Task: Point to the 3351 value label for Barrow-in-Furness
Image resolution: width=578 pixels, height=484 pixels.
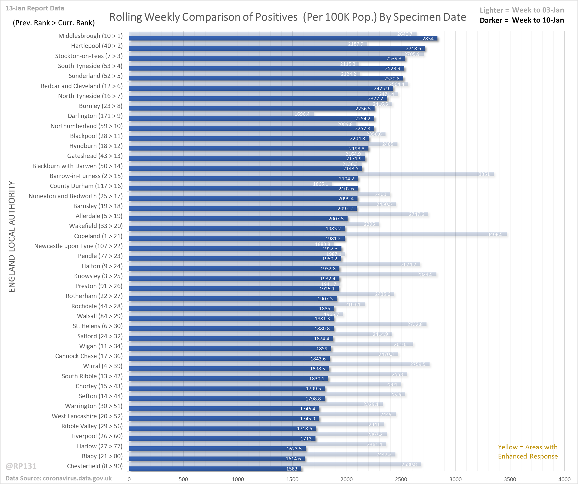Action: (484, 174)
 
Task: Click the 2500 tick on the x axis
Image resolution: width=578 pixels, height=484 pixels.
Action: (401, 479)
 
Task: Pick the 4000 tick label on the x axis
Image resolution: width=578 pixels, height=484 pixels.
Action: (564, 479)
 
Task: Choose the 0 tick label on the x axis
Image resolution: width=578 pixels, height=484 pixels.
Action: (129, 479)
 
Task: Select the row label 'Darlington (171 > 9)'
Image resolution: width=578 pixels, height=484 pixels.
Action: (95, 116)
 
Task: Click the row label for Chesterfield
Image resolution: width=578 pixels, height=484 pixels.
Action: (95, 466)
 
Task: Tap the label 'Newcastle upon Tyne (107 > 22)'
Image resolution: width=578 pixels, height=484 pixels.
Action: (78, 246)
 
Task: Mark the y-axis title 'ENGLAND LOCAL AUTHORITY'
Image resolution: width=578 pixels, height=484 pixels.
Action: (11, 236)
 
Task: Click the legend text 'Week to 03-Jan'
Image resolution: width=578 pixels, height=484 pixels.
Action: (538, 10)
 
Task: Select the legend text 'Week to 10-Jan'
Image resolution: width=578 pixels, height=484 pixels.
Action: (538, 20)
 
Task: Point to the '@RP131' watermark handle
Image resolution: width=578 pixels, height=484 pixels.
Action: (21, 466)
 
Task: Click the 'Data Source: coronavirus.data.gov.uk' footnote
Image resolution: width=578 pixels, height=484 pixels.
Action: (59, 478)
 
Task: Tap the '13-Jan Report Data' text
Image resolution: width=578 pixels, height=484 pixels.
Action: (35, 8)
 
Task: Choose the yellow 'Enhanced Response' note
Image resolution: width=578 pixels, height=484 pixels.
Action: (528, 452)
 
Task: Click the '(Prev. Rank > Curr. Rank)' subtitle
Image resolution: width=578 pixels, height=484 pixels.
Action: (54, 23)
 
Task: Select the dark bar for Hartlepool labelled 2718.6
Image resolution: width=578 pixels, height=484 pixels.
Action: (277, 48)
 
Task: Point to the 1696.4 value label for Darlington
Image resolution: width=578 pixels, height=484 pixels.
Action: (302, 114)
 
